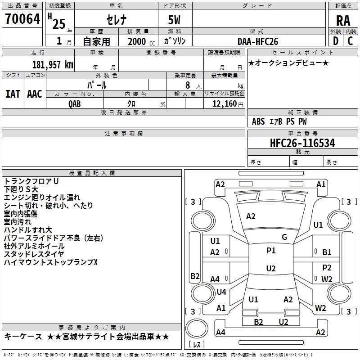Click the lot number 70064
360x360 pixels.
[x=22, y=19]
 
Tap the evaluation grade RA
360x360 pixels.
[x=343, y=21]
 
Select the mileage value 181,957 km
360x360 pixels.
[x=53, y=65]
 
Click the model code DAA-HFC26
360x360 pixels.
[x=258, y=41]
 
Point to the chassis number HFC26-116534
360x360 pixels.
[x=302, y=143]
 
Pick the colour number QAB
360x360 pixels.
[x=75, y=104]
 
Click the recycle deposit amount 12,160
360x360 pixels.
[x=225, y=104]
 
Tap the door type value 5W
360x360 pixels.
[x=174, y=20]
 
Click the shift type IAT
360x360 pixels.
[x=13, y=94]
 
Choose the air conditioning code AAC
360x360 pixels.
[x=35, y=94]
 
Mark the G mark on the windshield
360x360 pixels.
[x=284, y=237]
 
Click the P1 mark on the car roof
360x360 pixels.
[x=271, y=251]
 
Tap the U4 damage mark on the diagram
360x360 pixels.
[x=221, y=292]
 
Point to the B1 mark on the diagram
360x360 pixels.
[x=327, y=252]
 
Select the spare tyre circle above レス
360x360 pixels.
[x=197, y=328]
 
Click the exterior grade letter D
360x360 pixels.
[x=336, y=41]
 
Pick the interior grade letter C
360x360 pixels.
[x=350, y=41]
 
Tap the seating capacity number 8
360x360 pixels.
[x=188, y=85]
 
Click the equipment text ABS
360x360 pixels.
[x=258, y=121]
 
